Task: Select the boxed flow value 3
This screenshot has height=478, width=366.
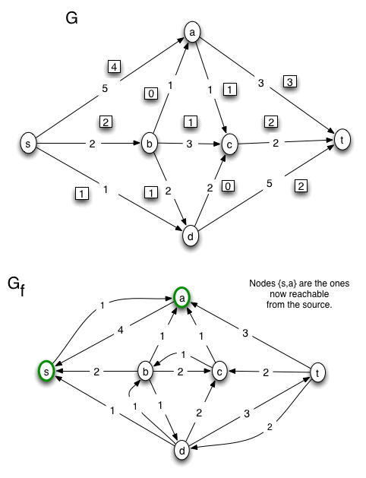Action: [x=290, y=81]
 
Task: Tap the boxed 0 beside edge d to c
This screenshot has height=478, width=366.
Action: [x=228, y=185]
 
